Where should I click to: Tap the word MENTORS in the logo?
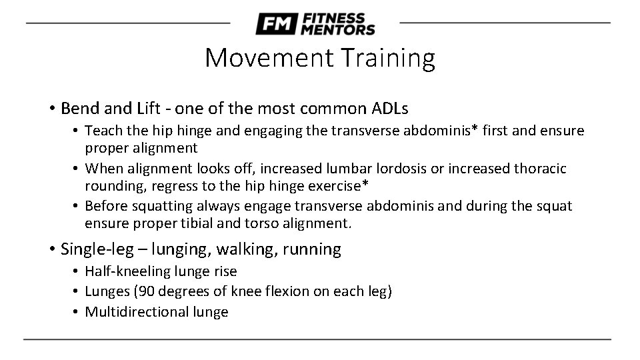coord(338,29)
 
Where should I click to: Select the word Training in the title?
coord(389,58)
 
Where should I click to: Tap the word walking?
coord(249,249)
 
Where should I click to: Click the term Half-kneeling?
coord(128,271)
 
